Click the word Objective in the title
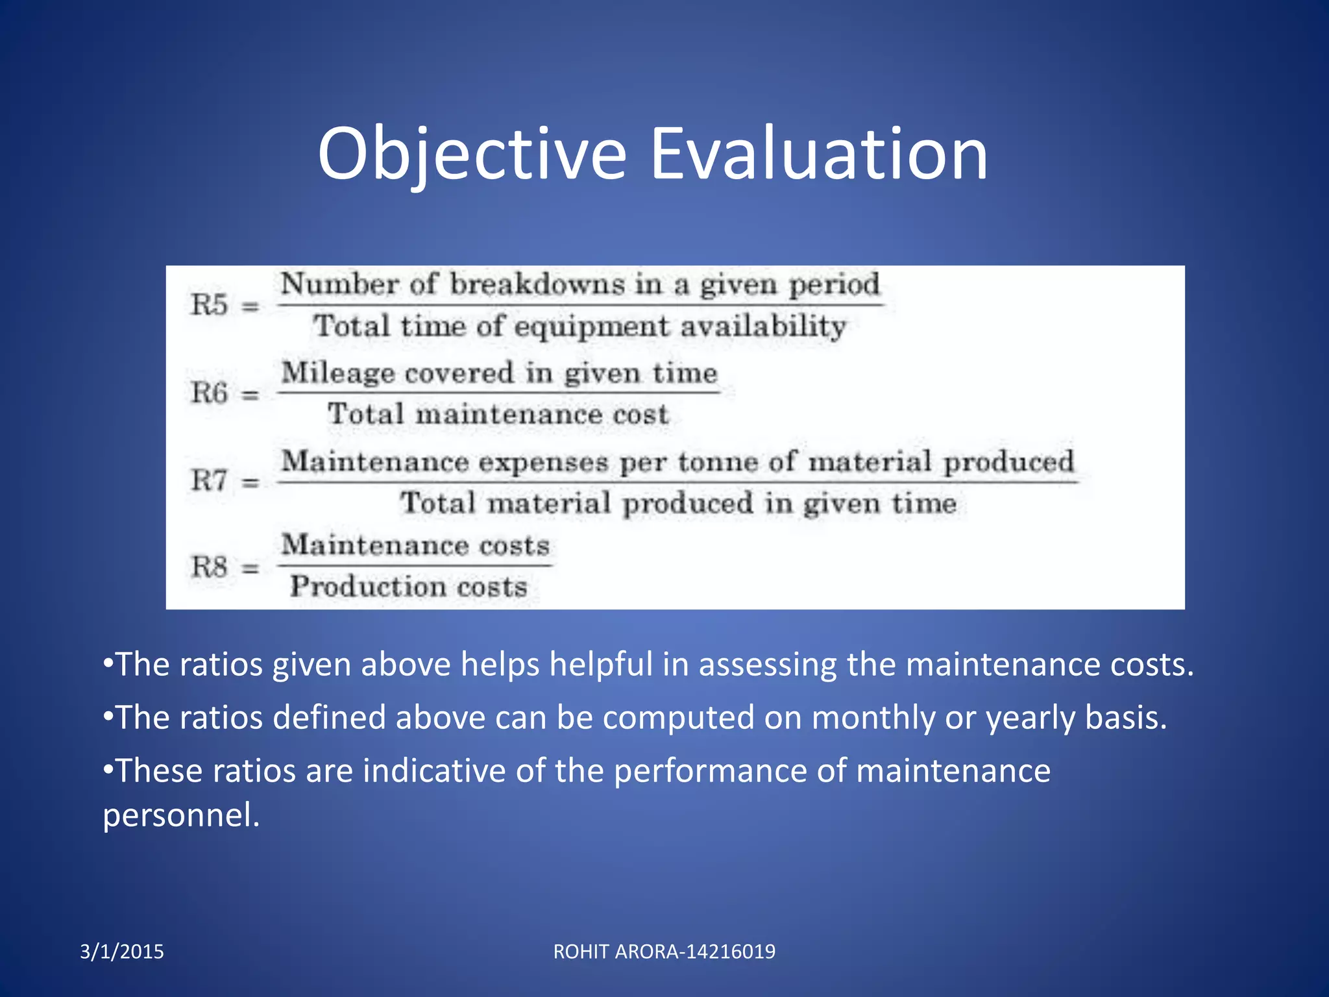[472, 154]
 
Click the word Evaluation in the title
[818, 154]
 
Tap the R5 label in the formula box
[209, 304]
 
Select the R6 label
[209, 393]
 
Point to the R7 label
[209, 481]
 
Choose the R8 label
[209, 567]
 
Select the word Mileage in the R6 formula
[337, 373]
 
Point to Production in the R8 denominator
[367, 587]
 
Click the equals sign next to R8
[250, 569]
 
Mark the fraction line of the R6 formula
[498, 393]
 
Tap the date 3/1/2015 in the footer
[122, 952]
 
